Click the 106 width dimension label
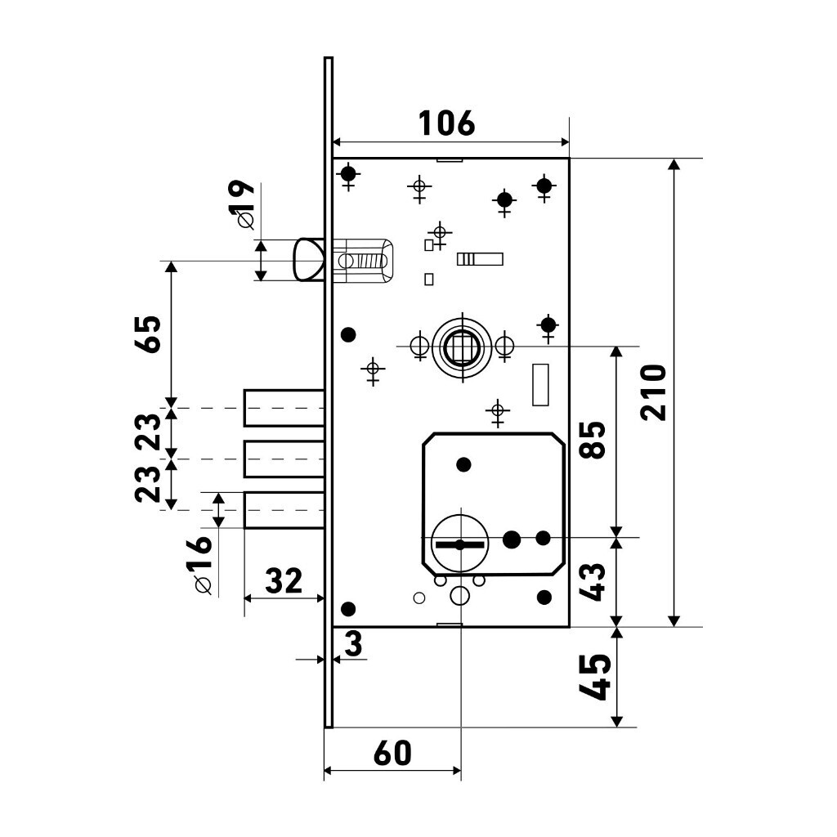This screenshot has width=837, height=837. [446, 123]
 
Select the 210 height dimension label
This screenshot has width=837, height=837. [654, 393]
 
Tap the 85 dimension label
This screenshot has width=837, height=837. [593, 440]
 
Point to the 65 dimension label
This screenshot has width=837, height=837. [147, 333]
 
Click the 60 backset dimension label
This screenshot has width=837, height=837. [392, 753]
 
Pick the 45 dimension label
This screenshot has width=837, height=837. [595, 677]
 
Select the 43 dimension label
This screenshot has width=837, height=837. [593, 582]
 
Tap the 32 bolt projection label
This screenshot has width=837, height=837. [284, 581]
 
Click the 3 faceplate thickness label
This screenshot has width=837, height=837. [353, 643]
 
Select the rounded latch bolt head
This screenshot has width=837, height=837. [308, 260]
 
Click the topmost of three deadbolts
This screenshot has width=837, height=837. [284, 409]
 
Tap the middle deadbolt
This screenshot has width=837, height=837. [284, 459]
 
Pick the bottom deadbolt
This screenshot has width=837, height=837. [284, 510]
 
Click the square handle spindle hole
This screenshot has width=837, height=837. [462, 346]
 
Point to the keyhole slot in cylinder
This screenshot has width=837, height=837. [460, 545]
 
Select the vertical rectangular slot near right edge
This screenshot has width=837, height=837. [541, 385]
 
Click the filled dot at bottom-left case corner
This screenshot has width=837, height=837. [348, 608]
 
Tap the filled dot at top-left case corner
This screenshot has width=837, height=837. [348, 173]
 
